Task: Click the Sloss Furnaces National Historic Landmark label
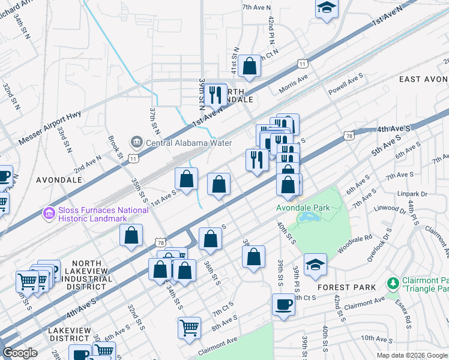(x=102, y=214)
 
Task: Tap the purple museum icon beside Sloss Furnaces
(x=48, y=212)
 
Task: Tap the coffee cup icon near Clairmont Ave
(x=283, y=304)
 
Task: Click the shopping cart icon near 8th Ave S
(x=189, y=328)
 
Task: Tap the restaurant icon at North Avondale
(x=214, y=95)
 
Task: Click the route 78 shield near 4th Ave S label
(x=349, y=137)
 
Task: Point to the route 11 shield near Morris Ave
(x=302, y=64)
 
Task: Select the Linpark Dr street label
(x=411, y=194)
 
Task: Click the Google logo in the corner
(x=20, y=353)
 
